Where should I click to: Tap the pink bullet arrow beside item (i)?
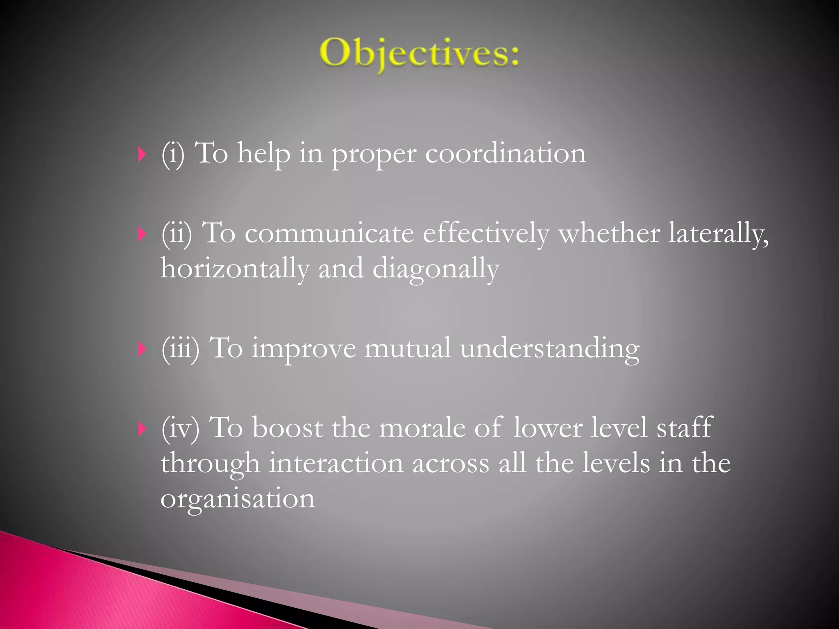[142, 155]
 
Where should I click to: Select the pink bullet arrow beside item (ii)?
[142, 235]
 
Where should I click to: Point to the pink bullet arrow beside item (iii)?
[142, 349]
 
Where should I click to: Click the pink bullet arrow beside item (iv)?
[142, 429]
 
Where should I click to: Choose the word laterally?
[718, 234]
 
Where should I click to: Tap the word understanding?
[549, 349]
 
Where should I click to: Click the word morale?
[422, 428]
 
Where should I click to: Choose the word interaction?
[336, 464]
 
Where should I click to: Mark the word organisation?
[238, 500]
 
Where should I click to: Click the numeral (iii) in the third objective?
[180, 348]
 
